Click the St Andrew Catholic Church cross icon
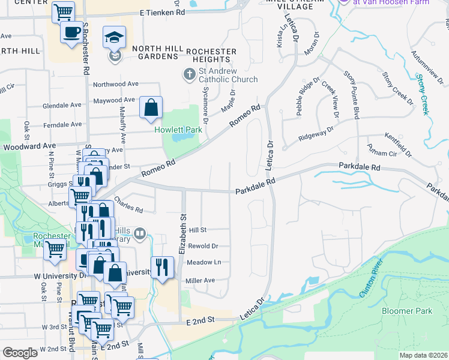tap(189, 74)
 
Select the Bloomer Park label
tap(406, 311)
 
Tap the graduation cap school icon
tap(114, 37)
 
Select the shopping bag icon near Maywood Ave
tap(151, 107)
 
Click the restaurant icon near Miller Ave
tap(162, 266)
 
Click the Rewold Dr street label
tap(203, 246)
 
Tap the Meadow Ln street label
tap(203, 262)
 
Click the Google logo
tap(20, 353)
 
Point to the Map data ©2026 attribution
tap(423, 355)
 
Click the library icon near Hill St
tap(140, 233)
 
